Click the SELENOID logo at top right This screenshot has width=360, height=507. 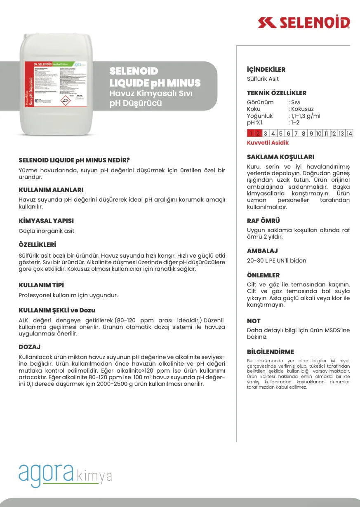click(x=304, y=23)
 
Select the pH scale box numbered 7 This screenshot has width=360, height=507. click(x=296, y=133)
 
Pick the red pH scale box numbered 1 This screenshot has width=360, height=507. click(x=251, y=133)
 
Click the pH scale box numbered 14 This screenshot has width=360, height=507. click(x=349, y=133)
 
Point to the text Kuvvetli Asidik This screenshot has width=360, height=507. click(x=268, y=143)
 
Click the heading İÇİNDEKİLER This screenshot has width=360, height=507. click(x=266, y=70)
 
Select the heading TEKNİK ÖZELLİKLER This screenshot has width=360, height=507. click(x=276, y=93)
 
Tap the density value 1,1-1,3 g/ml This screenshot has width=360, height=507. click(x=305, y=116)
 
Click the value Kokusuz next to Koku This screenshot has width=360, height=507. click(x=302, y=109)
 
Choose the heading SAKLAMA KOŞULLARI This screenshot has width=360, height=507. click(x=280, y=157)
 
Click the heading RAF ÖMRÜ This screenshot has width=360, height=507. click(x=263, y=221)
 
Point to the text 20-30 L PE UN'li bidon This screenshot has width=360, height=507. click(x=276, y=261)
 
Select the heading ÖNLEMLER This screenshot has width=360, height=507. click(x=263, y=275)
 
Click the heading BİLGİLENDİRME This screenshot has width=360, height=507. click(x=270, y=352)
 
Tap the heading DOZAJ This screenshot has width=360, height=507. click(x=30, y=347)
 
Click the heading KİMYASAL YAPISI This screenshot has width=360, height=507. click(x=46, y=221)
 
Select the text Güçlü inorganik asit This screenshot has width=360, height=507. click(x=47, y=231)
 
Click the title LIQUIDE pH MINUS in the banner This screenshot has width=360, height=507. click(x=155, y=83)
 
